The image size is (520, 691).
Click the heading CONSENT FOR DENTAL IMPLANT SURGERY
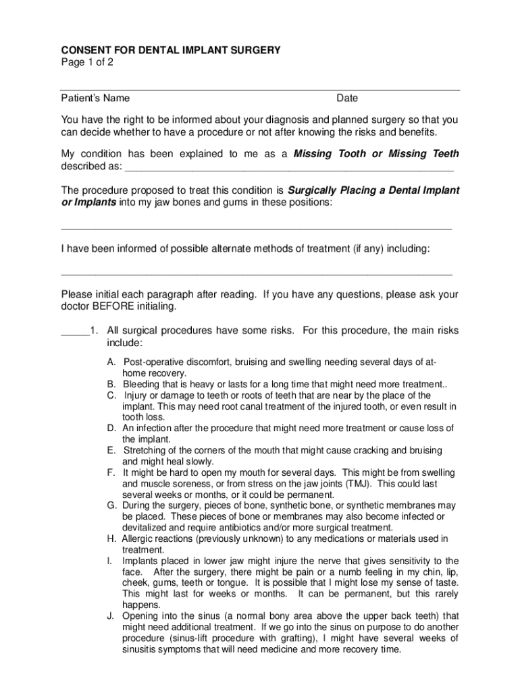pyautogui.click(x=171, y=51)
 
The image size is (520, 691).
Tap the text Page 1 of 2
pyautogui.click(x=87, y=62)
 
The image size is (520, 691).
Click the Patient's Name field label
pyautogui.click(x=95, y=99)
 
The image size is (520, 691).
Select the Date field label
pyautogui.click(x=347, y=99)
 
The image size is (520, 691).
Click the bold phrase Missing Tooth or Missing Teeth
pyautogui.click(x=376, y=154)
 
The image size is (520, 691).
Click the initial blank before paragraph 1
pyautogui.click(x=75, y=331)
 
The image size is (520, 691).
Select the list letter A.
pyautogui.click(x=110, y=363)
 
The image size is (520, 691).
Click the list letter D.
pyautogui.click(x=110, y=429)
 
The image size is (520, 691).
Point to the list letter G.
pyautogui.click(x=110, y=505)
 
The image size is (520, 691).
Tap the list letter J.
pyautogui.click(x=109, y=616)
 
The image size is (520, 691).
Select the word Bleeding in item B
pyautogui.click(x=140, y=385)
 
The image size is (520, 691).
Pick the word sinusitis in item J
pyautogui.click(x=142, y=650)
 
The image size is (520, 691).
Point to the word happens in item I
pyautogui.click(x=140, y=605)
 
